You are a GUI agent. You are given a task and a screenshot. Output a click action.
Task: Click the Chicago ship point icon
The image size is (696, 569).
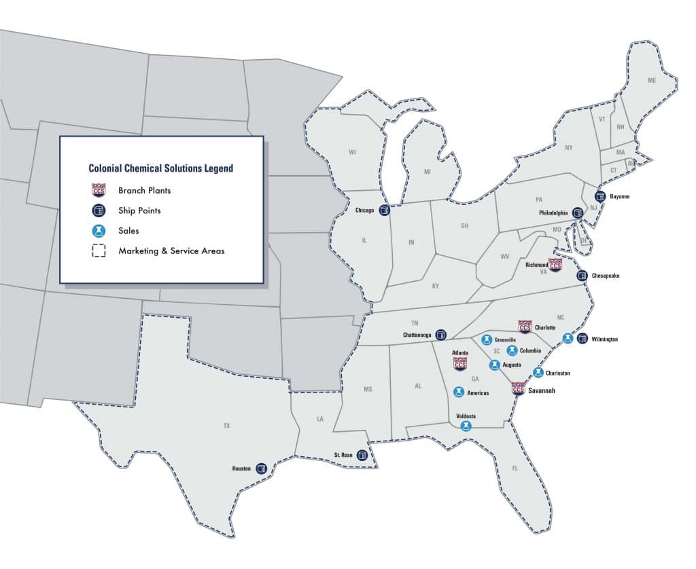pos(385,210)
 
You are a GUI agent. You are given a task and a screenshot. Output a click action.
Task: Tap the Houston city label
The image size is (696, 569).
pos(242,469)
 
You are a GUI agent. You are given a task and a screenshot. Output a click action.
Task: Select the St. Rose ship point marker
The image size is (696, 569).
pos(362,455)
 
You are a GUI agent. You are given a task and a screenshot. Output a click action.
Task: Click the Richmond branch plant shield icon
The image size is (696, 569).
pos(555,265)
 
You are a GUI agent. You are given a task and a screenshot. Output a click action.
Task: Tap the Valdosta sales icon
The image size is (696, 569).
pos(466,426)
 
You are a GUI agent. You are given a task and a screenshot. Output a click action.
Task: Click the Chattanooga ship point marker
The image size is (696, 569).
pos(441,334)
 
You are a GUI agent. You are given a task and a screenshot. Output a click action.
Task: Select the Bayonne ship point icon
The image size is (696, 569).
pos(600,196)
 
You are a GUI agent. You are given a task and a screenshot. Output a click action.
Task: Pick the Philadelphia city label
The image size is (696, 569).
pos(553,213)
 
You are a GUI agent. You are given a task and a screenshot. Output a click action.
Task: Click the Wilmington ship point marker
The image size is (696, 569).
pos(582,339)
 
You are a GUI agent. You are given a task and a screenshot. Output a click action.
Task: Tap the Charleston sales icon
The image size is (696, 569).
pos(538,372)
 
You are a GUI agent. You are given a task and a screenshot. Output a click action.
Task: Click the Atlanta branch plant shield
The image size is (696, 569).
pos(460,363)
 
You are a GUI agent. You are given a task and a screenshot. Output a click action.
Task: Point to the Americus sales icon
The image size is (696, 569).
pos(459,392)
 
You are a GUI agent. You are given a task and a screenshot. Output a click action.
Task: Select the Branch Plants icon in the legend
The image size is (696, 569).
pos(99,190)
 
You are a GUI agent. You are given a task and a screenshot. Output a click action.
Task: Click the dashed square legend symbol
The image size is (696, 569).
pos(99,251)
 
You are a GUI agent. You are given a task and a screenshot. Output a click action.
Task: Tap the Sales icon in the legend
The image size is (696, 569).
pos(99,231)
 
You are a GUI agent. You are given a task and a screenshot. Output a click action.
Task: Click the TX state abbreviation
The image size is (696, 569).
pos(226,426)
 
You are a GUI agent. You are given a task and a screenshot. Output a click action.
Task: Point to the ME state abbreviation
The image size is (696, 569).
pos(652,81)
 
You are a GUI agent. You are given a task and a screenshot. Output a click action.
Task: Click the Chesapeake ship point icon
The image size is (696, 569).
pos(582,276)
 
